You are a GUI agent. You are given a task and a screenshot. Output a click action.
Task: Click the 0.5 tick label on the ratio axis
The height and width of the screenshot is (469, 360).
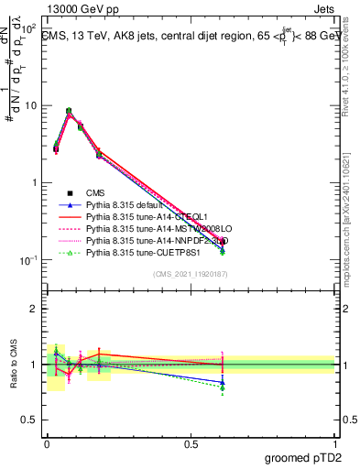(30, 420)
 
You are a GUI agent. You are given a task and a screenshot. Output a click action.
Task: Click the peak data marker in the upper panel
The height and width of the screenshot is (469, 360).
(69, 111)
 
